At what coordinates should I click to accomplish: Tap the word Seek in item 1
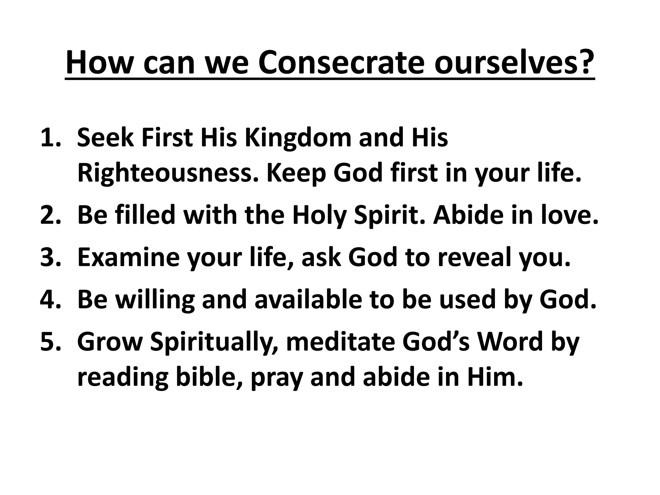pyautogui.click(x=105, y=138)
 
